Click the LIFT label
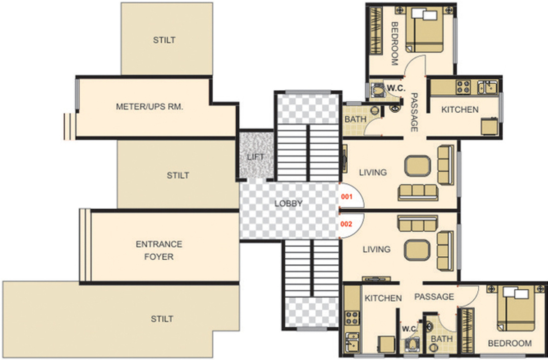(256, 157)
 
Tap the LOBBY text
(288, 203)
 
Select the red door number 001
(346, 196)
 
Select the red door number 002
(346, 224)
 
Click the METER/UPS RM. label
(149, 106)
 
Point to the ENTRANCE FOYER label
(159, 250)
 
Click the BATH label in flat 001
(355, 120)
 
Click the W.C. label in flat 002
(409, 329)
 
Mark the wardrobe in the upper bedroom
(375, 31)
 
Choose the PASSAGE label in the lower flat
(434, 297)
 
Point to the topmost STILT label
(164, 40)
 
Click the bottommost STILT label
(162, 319)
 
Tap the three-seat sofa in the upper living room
(417, 192)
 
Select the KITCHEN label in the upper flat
(460, 109)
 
